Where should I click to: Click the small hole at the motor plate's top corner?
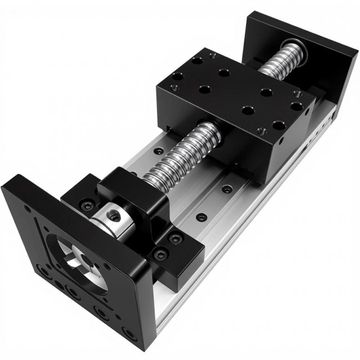(27, 209)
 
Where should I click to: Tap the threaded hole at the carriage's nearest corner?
(261, 131)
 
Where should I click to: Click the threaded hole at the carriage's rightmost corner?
(297, 94)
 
